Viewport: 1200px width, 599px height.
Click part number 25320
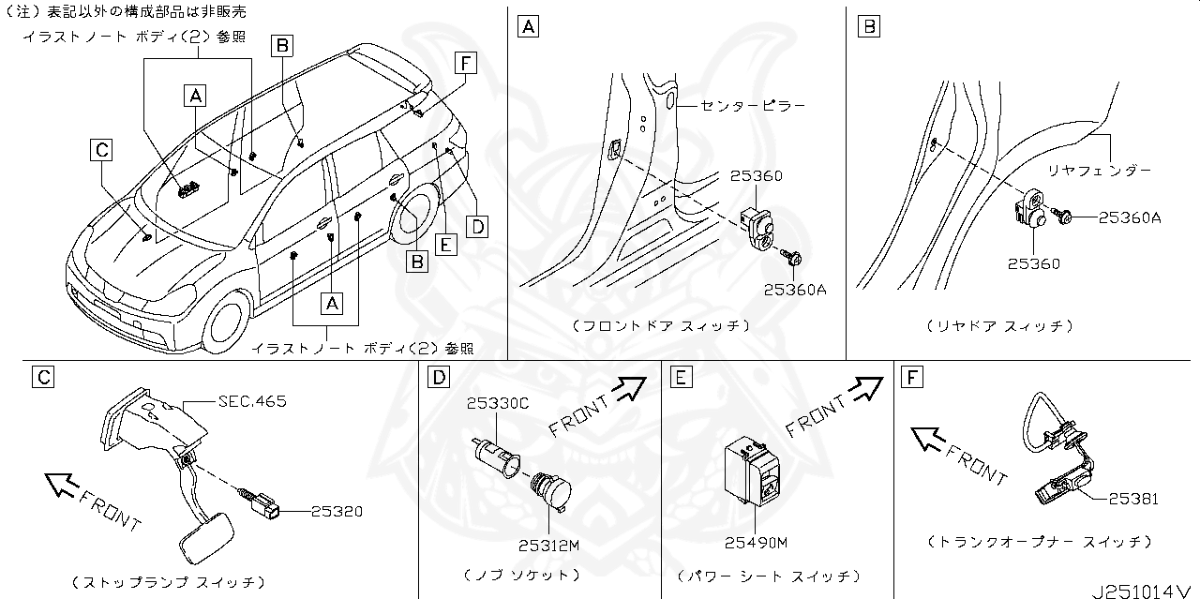click(x=336, y=511)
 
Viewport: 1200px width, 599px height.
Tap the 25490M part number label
click(x=756, y=542)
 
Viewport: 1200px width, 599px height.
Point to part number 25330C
click(x=497, y=403)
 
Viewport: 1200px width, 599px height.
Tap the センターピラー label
click(x=753, y=106)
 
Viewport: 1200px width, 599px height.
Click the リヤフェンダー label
click(x=1099, y=171)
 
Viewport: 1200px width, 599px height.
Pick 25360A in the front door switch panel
click(x=795, y=290)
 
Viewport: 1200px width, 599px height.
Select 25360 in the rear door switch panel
click(x=1034, y=263)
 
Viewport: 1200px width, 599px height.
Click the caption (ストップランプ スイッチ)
click(x=169, y=582)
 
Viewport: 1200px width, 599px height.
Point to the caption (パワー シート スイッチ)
click(x=768, y=575)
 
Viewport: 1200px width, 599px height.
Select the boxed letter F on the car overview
click(x=464, y=64)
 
